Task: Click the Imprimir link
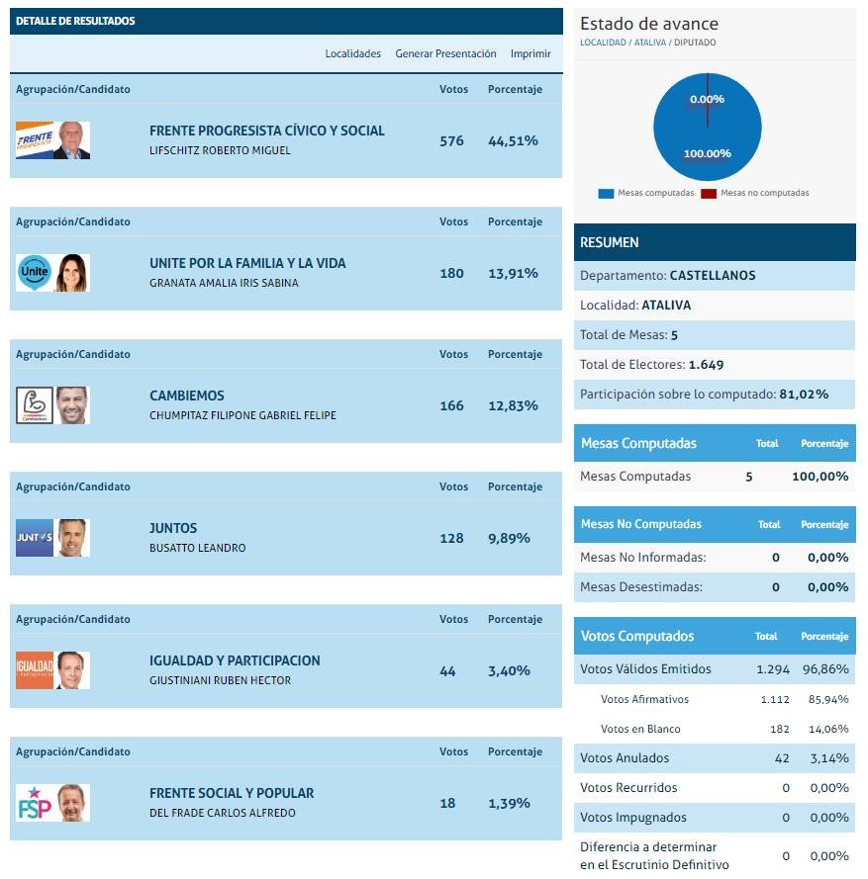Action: pos(530,53)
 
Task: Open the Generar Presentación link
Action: pos(445,53)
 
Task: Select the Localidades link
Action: pos(352,53)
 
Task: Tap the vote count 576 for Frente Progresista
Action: pos(451,141)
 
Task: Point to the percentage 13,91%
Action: pos(513,274)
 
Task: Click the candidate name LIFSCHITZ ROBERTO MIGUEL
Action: pos(220,151)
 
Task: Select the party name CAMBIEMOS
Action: pos(187,396)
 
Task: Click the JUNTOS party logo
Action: pos(35,538)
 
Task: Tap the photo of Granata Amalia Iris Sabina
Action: pos(72,273)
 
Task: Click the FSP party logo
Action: pos(35,803)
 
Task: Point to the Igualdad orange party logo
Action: pos(35,670)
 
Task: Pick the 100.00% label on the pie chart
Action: pos(707,154)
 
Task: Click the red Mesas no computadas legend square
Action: pos(708,194)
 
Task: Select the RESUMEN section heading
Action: pos(610,242)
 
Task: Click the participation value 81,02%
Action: pos(803,395)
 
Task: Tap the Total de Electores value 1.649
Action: pos(706,365)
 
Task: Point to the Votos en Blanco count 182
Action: pos(779,730)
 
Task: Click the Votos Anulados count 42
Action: pos(782,758)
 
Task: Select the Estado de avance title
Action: pos(649,25)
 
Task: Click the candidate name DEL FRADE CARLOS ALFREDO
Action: pos(222,814)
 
